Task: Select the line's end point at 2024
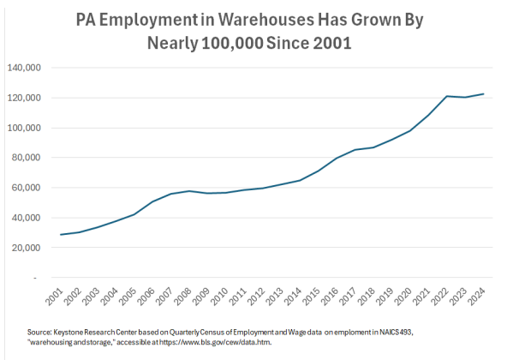pos(484,94)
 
